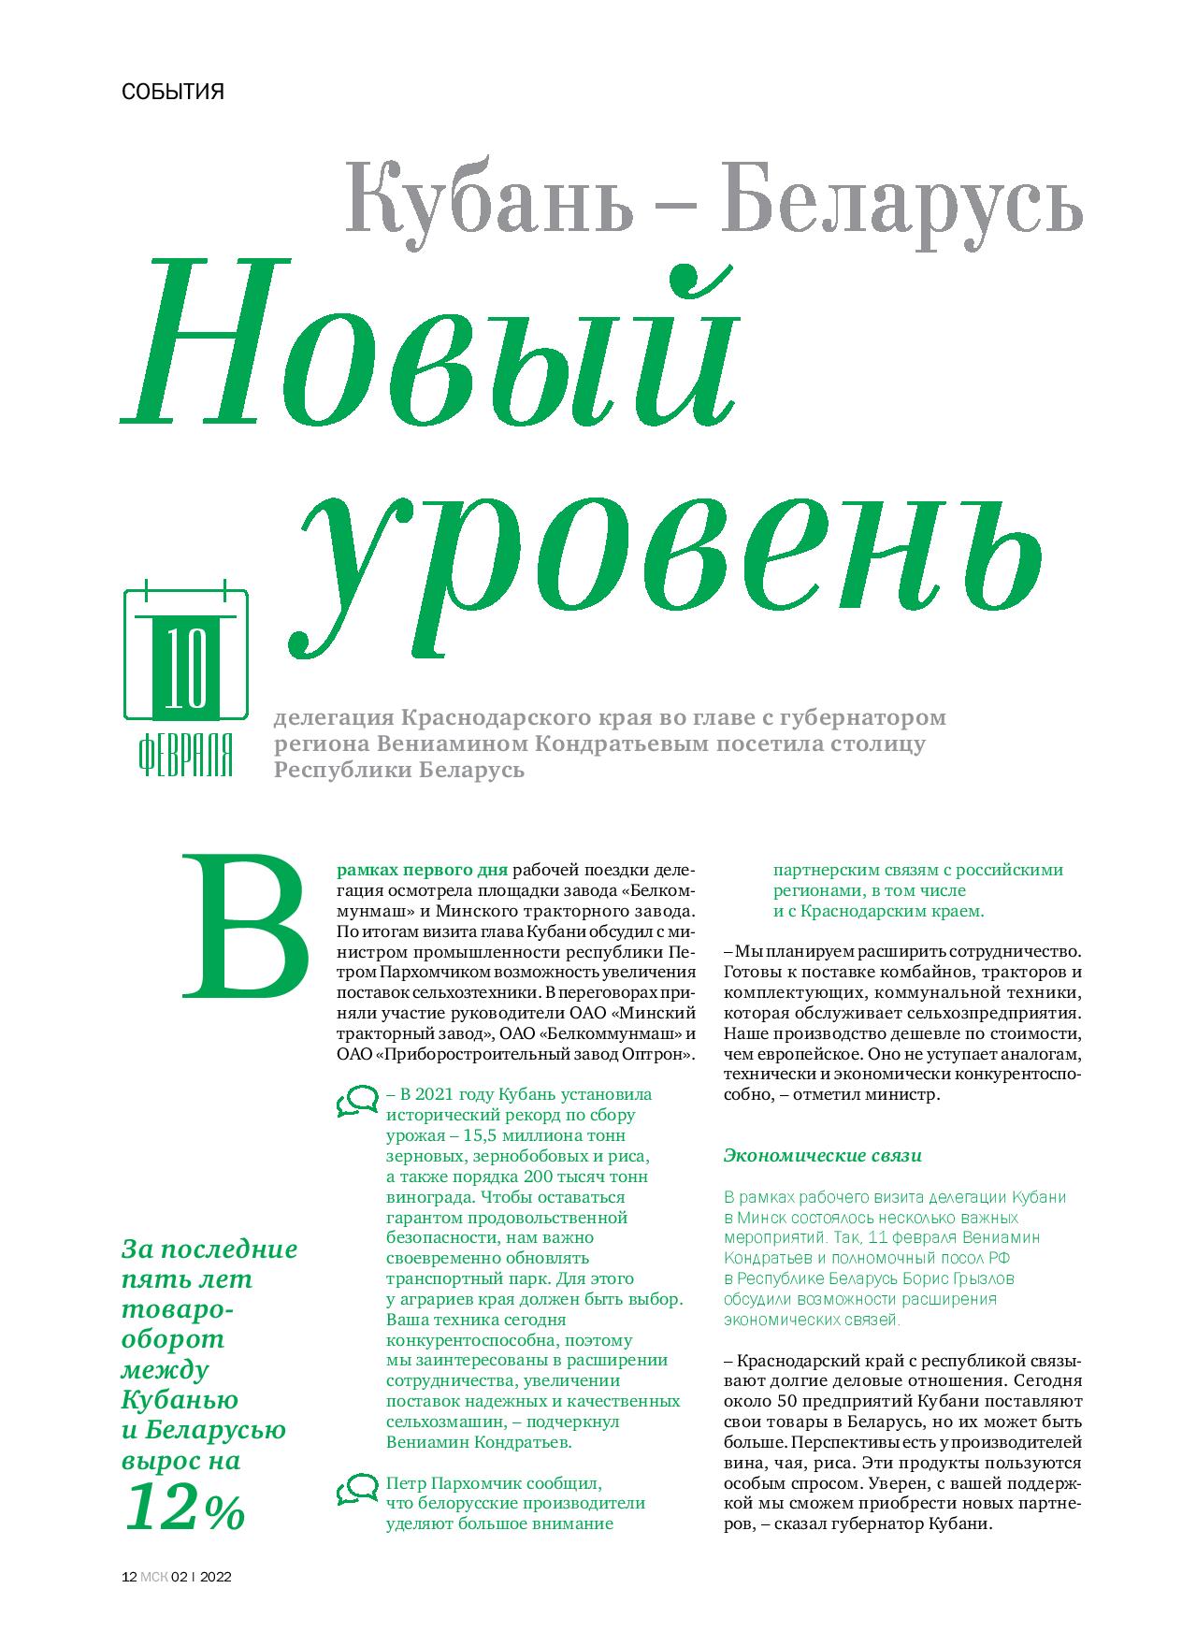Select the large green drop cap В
point(249,926)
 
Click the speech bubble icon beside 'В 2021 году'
point(356,1103)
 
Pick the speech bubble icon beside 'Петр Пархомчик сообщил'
point(356,1488)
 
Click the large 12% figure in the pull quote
point(183,1509)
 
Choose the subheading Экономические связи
point(822,1155)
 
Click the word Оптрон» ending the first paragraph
point(659,1054)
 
